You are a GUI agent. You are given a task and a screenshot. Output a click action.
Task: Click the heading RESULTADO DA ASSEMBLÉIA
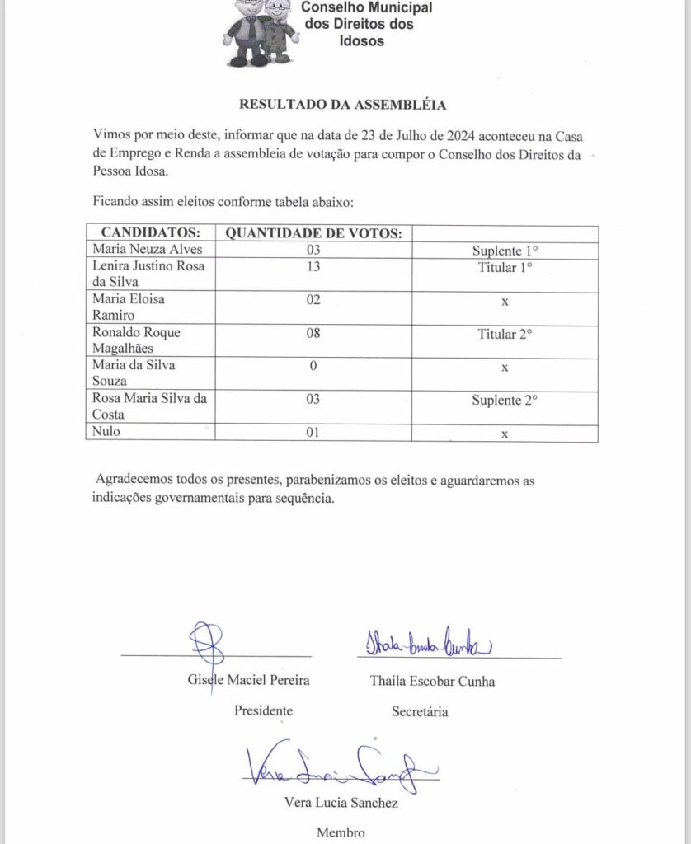point(342,105)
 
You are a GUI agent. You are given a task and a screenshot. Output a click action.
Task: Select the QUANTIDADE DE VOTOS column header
point(313,233)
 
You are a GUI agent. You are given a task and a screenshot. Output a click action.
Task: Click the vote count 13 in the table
point(313,267)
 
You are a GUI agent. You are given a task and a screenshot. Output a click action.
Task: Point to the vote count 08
point(313,334)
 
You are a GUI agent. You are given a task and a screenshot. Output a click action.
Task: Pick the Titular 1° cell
point(505,267)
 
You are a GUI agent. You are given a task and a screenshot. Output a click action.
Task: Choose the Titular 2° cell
point(505,334)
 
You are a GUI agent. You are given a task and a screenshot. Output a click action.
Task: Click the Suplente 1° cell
point(505,250)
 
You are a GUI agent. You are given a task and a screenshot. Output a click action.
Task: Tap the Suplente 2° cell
point(505,400)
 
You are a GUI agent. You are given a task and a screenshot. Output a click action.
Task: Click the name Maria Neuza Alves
point(147,250)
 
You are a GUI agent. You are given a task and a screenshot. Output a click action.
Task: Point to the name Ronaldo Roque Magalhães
point(136,340)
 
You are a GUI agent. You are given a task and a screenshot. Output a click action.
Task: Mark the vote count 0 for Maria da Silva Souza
point(313,366)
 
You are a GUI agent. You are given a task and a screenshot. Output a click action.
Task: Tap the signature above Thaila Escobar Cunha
point(426,642)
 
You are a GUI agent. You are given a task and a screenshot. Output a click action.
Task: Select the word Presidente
point(263,710)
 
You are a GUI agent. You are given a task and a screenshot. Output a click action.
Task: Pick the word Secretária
point(421,710)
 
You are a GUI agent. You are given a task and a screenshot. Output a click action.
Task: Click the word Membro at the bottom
point(341,832)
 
